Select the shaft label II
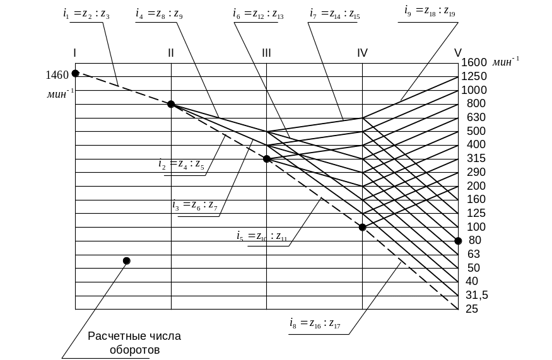coord(171,52)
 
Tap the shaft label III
coord(267,52)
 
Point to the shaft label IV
coord(362,52)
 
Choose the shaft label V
coord(457,52)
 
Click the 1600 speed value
coord(474,62)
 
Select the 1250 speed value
coord(474,76)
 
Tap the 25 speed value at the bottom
coord(471,309)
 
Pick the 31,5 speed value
coord(476,295)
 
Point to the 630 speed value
coord(476,117)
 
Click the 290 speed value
coord(476,172)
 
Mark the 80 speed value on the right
coord(475,240)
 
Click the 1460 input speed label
coord(57,75)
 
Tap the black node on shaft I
coord(75,74)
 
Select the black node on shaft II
coord(170,104)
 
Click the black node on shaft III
coord(267,159)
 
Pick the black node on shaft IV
coord(362,227)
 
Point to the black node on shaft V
coord(458,241)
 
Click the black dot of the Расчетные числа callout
coord(126,260)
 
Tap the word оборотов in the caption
coord(134,349)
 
